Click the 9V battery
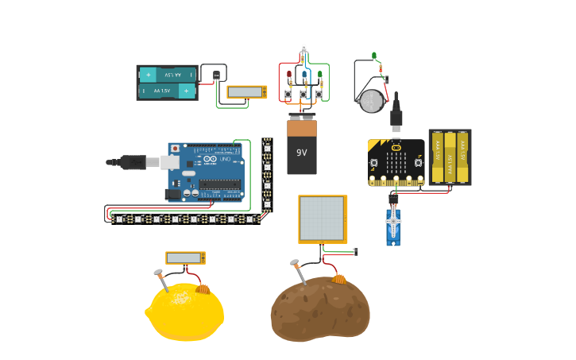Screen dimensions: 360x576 click(302, 148)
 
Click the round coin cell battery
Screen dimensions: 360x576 click(371, 101)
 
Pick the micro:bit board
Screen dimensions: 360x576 click(396, 162)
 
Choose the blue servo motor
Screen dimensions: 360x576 click(393, 226)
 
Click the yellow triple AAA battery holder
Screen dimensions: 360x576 click(450, 157)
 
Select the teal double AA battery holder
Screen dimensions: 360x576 click(167, 83)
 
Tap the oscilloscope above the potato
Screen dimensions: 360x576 click(323, 219)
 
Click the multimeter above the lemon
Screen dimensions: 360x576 click(185, 258)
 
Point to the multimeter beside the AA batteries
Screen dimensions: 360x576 click(247, 92)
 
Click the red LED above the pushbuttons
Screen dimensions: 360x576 click(289, 76)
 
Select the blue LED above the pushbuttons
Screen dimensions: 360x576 click(304, 76)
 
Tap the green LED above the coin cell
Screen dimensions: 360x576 click(374, 56)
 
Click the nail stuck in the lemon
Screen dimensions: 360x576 click(160, 278)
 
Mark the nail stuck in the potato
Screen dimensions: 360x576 click(299, 270)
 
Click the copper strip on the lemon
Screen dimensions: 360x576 click(203, 289)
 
